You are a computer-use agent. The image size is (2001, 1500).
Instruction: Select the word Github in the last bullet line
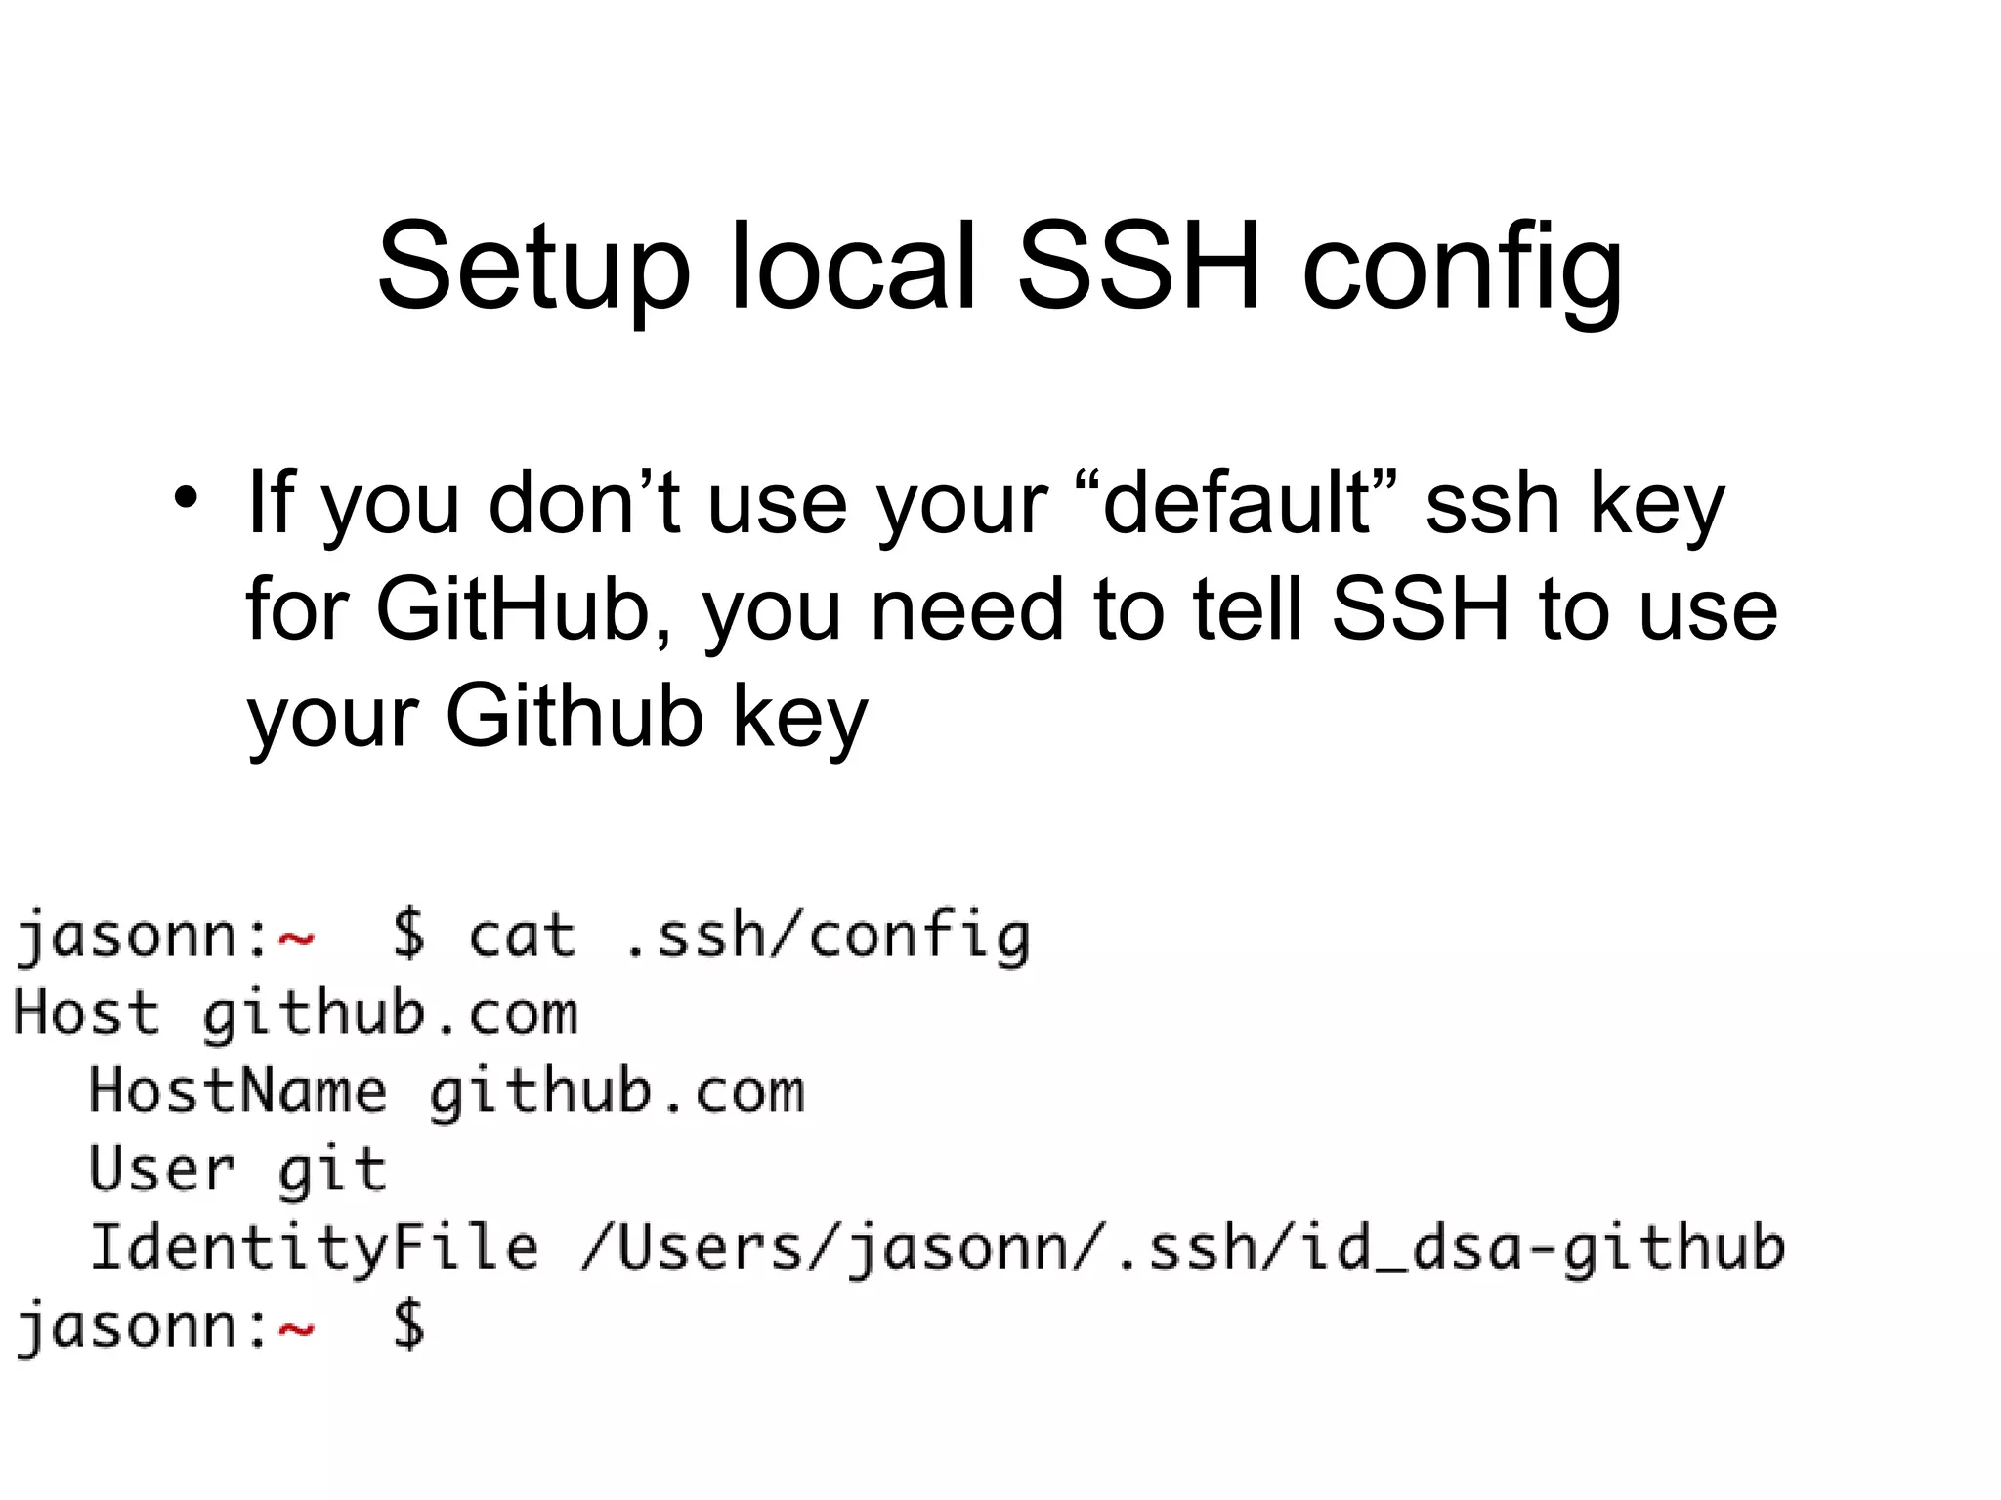(x=574, y=717)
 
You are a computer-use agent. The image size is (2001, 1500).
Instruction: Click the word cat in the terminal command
(x=521, y=936)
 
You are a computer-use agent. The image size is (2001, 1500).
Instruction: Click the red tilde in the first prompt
(x=296, y=939)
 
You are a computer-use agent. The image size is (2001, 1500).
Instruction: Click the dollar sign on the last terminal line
(x=408, y=1326)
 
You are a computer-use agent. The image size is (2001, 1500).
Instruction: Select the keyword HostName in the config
(x=237, y=1092)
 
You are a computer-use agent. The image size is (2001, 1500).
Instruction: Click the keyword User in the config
(x=162, y=1169)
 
